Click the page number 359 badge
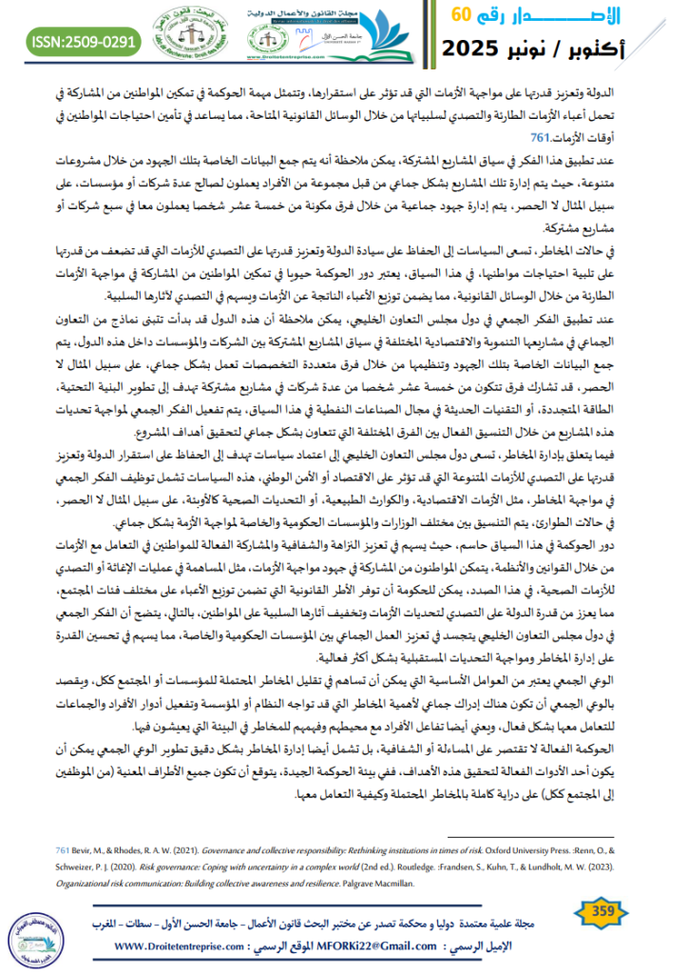[604, 915]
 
